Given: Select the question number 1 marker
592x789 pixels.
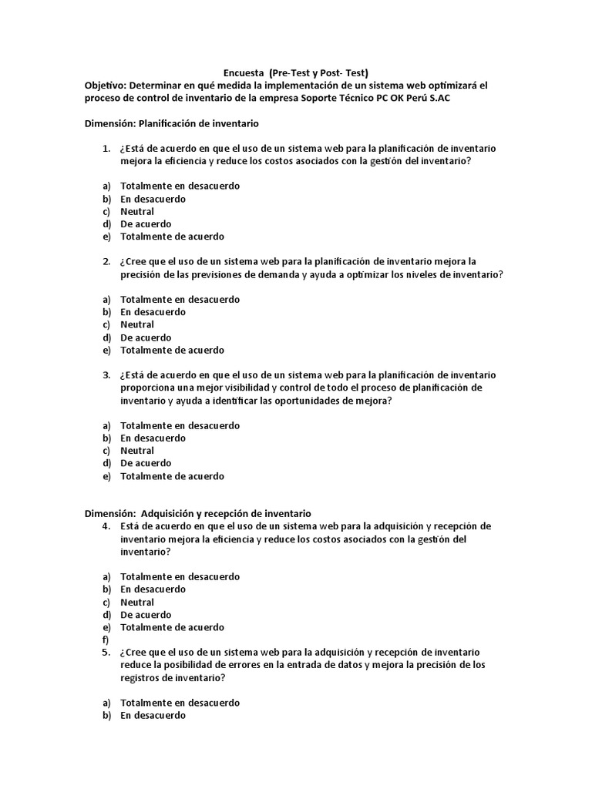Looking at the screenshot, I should click(x=106, y=149).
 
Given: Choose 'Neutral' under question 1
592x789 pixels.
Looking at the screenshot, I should click(x=137, y=212).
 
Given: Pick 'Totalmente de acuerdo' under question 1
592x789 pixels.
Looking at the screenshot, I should click(x=172, y=237).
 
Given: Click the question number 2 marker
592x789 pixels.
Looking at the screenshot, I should click(x=106, y=262).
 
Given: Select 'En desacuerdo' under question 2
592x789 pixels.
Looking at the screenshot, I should click(x=153, y=312).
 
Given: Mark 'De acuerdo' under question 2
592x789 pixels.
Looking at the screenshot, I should click(x=146, y=337).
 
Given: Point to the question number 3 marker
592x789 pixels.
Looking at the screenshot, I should click(x=106, y=375).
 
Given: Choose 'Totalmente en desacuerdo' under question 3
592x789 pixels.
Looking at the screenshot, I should click(x=180, y=425).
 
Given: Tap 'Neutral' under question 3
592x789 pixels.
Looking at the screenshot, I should click(x=137, y=451).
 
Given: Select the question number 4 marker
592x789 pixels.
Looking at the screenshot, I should click(x=106, y=526).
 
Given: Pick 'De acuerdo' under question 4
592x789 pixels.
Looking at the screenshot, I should click(x=146, y=615).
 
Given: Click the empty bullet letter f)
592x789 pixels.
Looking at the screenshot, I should click(x=105, y=640).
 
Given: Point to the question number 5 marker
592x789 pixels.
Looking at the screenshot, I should click(x=106, y=652).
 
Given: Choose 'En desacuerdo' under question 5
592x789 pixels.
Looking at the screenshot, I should click(x=153, y=715).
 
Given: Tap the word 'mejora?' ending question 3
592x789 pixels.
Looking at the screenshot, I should click(x=373, y=401).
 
